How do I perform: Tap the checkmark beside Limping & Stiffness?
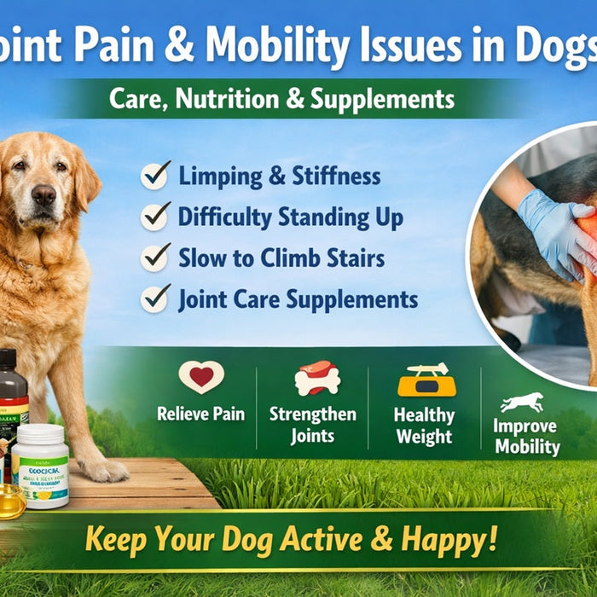click(x=155, y=176)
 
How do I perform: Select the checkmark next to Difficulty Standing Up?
click(x=155, y=217)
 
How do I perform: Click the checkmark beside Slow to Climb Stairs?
click(x=155, y=258)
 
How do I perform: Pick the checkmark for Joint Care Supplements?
click(x=155, y=298)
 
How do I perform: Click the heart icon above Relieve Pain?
click(x=201, y=377)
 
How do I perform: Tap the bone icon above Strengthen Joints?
click(x=316, y=379)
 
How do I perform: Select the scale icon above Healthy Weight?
click(x=426, y=380)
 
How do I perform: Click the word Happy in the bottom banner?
click(x=440, y=539)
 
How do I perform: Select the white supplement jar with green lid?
click(x=41, y=464)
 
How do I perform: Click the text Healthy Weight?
click(x=424, y=425)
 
